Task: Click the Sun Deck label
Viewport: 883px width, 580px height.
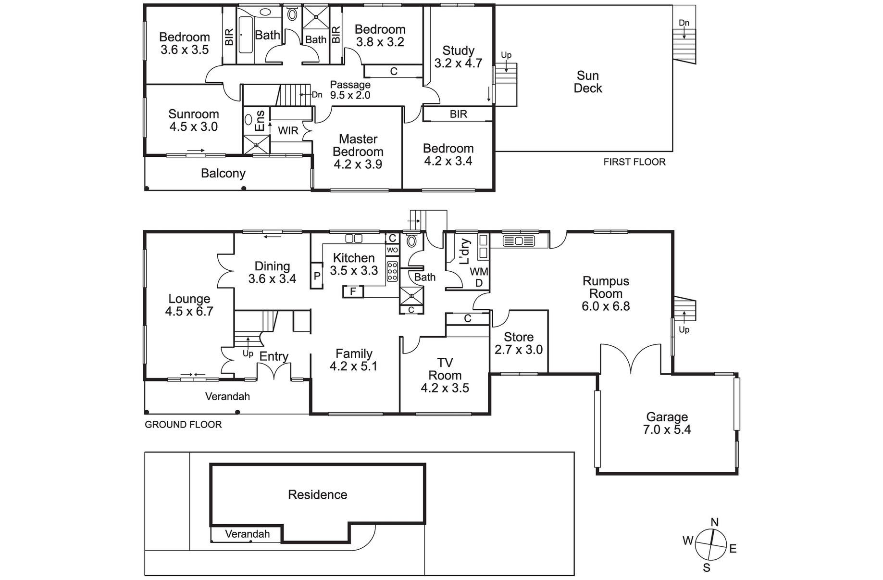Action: point(588,82)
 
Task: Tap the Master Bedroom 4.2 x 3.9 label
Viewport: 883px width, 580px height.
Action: point(358,151)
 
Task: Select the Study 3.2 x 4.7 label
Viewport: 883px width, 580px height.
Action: point(458,57)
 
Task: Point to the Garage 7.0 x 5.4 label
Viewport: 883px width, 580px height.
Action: point(667,423)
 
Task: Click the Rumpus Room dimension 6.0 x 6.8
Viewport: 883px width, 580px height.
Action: point(606,306)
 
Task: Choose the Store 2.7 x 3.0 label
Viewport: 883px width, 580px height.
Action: point(519,343)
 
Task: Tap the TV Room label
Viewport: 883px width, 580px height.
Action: point(445,369)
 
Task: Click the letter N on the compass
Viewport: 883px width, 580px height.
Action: point(715,522)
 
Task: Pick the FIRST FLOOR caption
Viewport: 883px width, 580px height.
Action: point(634,162)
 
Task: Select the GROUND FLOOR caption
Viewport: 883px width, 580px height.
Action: point(183,425)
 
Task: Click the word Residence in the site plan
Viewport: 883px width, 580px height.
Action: point(317,494)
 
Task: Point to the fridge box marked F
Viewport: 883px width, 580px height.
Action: point(353,291)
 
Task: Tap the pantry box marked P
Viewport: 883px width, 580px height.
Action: point(317,276)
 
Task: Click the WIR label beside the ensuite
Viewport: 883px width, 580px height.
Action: point(288,130)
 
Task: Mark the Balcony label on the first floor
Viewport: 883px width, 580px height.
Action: point(223,173)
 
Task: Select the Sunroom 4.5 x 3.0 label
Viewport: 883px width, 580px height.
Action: point(193,120)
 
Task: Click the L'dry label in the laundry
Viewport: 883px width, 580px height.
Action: point(464,252)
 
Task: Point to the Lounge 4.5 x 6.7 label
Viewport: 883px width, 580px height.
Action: point(189,305)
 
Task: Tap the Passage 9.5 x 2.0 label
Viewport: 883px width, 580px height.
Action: point(350,90)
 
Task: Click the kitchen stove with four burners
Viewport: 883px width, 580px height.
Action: point(392,271)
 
